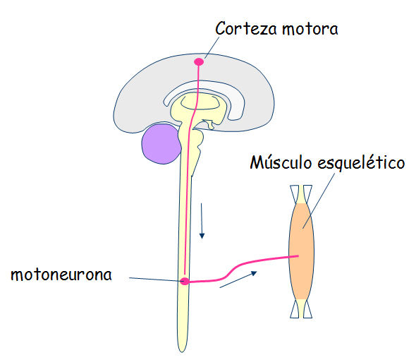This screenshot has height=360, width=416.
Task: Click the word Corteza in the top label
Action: (246, 28)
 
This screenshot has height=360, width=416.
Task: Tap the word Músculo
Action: (281, 162)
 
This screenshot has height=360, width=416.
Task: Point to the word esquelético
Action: (361, 162)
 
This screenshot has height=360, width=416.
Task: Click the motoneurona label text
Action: (61, 275)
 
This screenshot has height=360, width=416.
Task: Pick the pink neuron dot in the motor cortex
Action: (199, 62)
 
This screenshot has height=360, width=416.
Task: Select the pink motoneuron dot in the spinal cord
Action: (185, 281)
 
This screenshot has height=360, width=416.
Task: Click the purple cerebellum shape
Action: (161, 144)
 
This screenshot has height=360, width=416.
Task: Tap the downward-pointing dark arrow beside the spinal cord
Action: (202, 220)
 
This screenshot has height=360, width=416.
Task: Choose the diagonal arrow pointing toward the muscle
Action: (238, 280)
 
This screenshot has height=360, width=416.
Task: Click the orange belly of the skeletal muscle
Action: (301, 251)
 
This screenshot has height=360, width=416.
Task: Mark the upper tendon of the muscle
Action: (301, 194)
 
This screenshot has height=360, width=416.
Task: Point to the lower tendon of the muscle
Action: (301, 308)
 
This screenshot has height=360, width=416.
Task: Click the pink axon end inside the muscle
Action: (298, 256)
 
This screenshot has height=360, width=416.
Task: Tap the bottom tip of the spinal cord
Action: (182, 352)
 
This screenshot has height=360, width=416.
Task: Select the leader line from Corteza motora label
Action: (212, 47)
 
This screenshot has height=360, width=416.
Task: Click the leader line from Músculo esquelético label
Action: (319, 201)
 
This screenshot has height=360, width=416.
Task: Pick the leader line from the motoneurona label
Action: (155, 280)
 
